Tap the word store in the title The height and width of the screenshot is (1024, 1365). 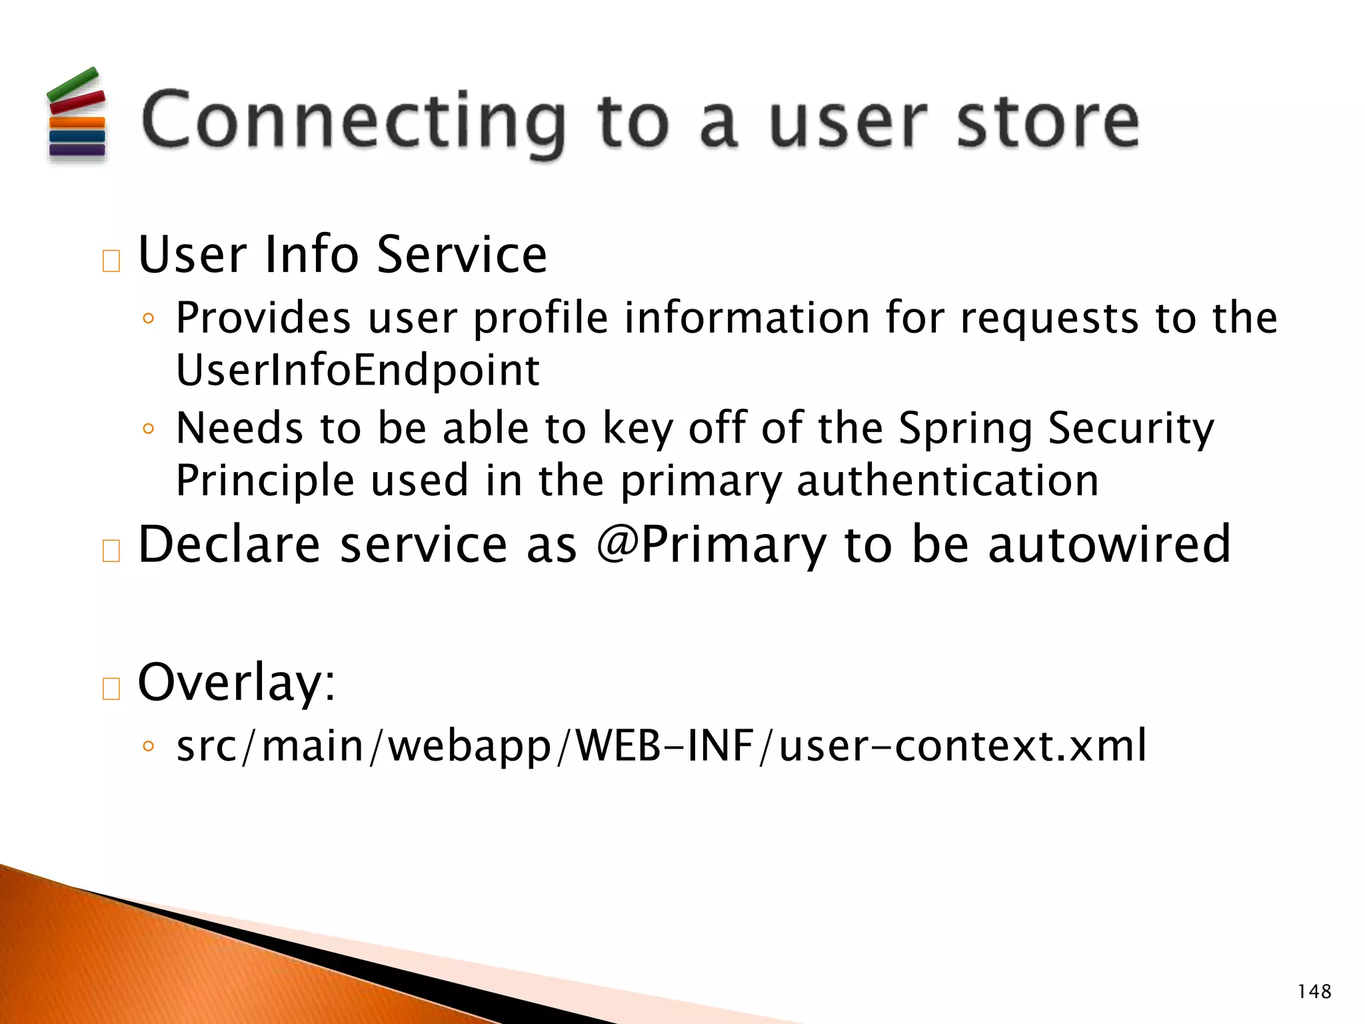pos(1048,121)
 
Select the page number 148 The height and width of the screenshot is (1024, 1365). pos(1314,992)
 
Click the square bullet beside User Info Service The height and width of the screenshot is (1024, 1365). pos(111,261)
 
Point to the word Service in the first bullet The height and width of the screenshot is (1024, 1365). pos(461,255)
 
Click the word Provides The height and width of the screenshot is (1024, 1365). pos(263,317)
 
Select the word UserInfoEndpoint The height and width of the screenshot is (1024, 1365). pos(357,370)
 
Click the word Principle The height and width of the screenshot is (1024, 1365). pos(265,481)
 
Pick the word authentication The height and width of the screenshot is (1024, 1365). pos(947,481)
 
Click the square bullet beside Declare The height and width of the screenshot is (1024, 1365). pos(111,551)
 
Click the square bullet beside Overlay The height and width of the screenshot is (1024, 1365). pos(111,688)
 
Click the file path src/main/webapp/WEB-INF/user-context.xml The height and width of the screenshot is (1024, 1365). pos(661,745)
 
